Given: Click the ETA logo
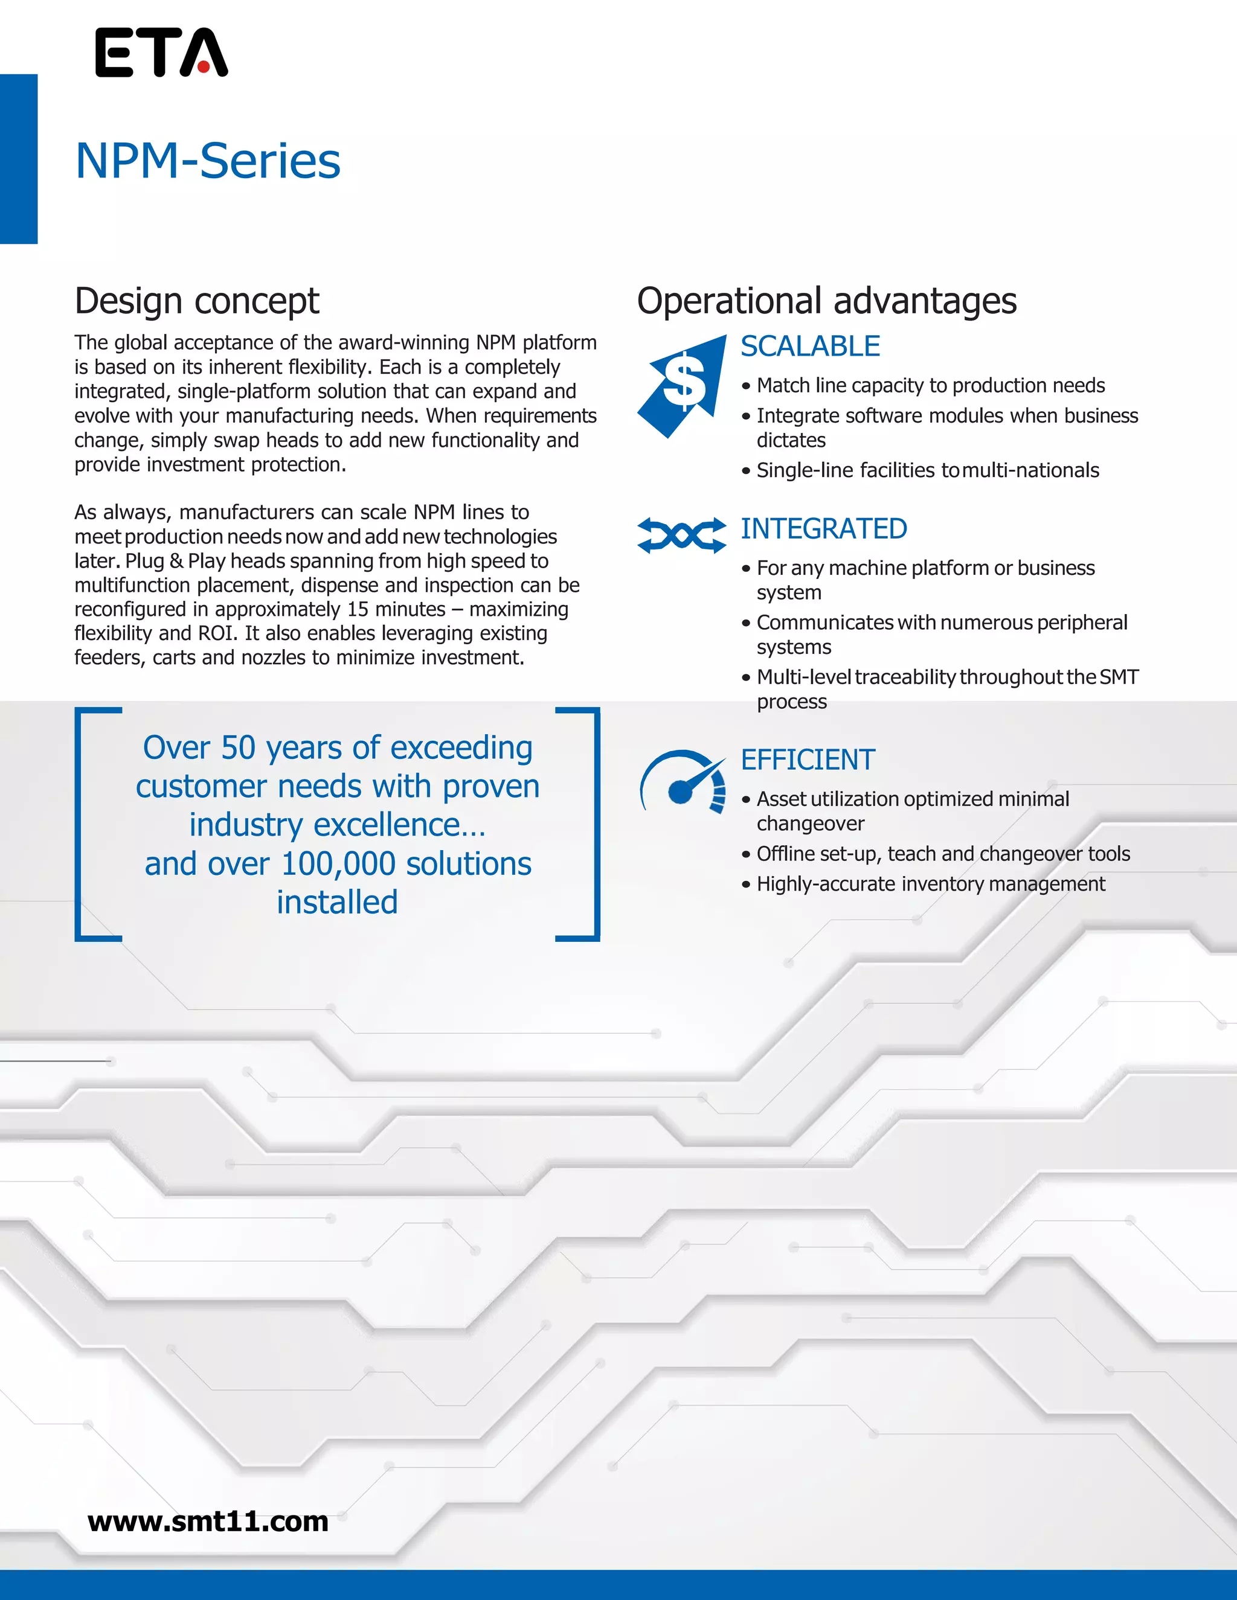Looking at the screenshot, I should [161, 53].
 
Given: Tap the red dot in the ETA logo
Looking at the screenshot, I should [203, 68].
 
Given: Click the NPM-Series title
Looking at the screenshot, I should [208, 161].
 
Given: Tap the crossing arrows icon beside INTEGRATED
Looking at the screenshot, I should [681, 536].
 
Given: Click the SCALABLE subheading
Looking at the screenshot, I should [810, 347].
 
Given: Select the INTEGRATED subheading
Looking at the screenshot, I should [824, 529].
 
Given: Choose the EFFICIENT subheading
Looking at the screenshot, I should [808, 760].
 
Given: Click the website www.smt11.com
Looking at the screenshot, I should [208, 1522].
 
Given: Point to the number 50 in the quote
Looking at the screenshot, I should [237, 748].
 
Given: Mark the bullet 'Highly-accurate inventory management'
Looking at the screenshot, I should [931, 885].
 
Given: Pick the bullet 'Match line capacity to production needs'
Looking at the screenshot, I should [931, 385].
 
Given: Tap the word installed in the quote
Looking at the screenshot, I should [337, 903].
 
